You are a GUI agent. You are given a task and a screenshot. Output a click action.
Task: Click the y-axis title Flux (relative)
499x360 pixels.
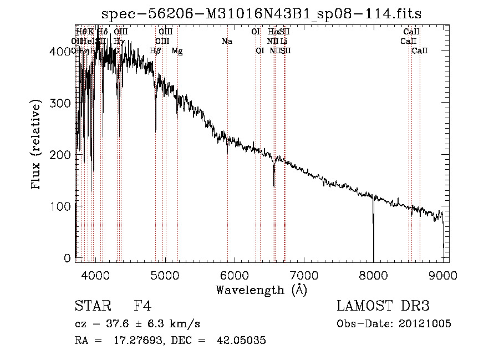pyautogui.click(x=37, y=145)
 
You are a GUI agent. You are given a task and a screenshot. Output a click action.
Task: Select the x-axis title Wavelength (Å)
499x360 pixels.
pyautogui.click(x=262, y=290)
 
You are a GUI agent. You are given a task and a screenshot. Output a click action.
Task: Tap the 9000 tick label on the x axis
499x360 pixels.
pyautogui.click(x=444, y=275)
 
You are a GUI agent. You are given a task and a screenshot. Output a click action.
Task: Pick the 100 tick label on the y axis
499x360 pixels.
pyautogui.click(x=63, y=206)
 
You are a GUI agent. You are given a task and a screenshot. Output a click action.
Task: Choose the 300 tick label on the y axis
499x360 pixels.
pyautogui.click(x=63, y=103)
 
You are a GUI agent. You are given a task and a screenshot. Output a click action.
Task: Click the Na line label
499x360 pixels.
pyautogui.click(x=227, y=42)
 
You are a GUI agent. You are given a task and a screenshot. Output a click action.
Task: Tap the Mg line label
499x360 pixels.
pyautogui.click(x=177, y=51)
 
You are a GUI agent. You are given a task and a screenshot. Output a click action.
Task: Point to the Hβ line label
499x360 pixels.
pyautogui.click(x=155, y=51)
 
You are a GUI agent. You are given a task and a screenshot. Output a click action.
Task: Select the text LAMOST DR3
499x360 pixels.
pyautogui.click(x=383, y=306)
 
